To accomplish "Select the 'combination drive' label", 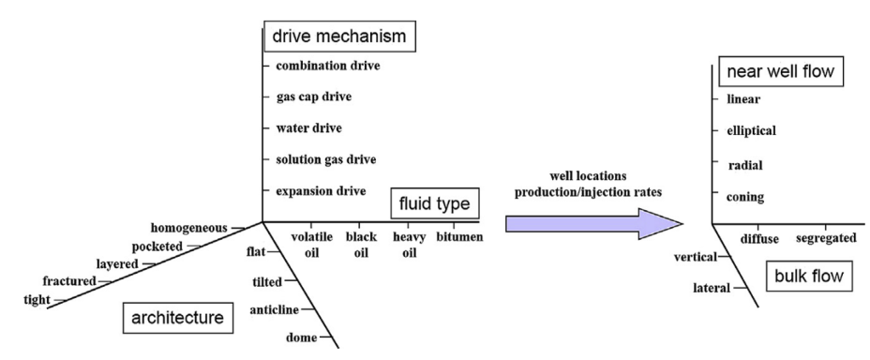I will pyautogui.click(x=328, y=66).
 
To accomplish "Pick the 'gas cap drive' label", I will pyautogui.click(x=315, y=97).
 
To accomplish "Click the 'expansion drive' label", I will pyautogui.click(x=321, y=190).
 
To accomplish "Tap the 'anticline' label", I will pyautogui.click(x=275, y=309).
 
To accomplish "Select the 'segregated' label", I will pyautogui.click(x=826, y=238).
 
